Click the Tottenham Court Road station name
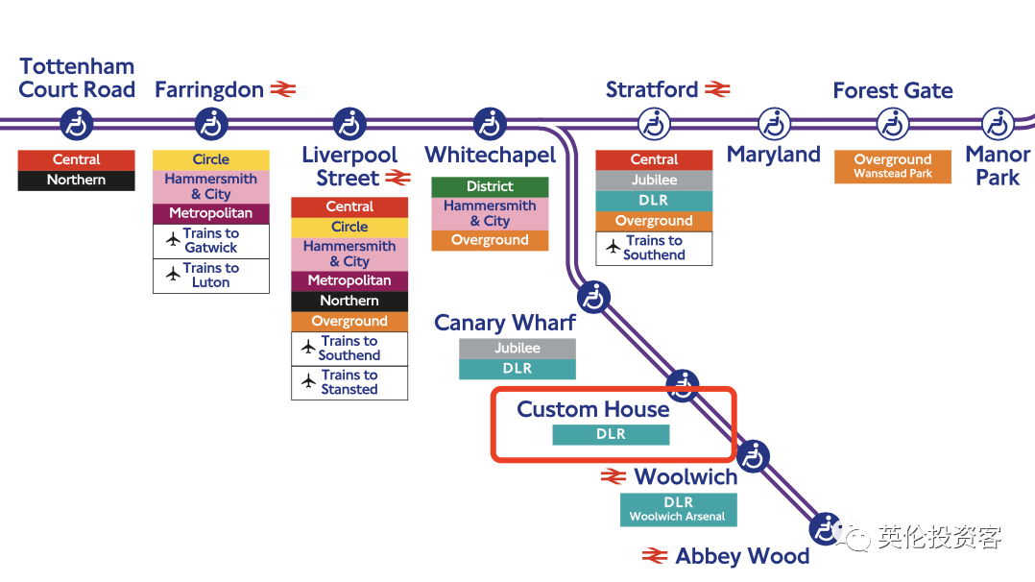(77, 78)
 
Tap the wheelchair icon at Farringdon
(211, 124)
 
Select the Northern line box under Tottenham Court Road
(77, 180)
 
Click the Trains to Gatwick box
(211, 241)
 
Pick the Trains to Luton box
(211, 276)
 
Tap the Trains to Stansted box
(349, 382)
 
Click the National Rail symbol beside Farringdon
(283, 89)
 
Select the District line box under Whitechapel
(490, 186)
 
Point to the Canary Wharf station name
(505, 323)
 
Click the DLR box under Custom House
(611, 434)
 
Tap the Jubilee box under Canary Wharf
(517, 349)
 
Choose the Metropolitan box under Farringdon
(211, 213)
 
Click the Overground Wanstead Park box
(893, 166)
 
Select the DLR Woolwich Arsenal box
(678, 509)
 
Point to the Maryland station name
(774, 155)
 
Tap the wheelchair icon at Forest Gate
(894, 124)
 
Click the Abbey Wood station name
(742, 556)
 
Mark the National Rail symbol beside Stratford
(717, 89)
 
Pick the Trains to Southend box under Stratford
(654, 248)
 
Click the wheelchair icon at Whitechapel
(490, 124)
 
